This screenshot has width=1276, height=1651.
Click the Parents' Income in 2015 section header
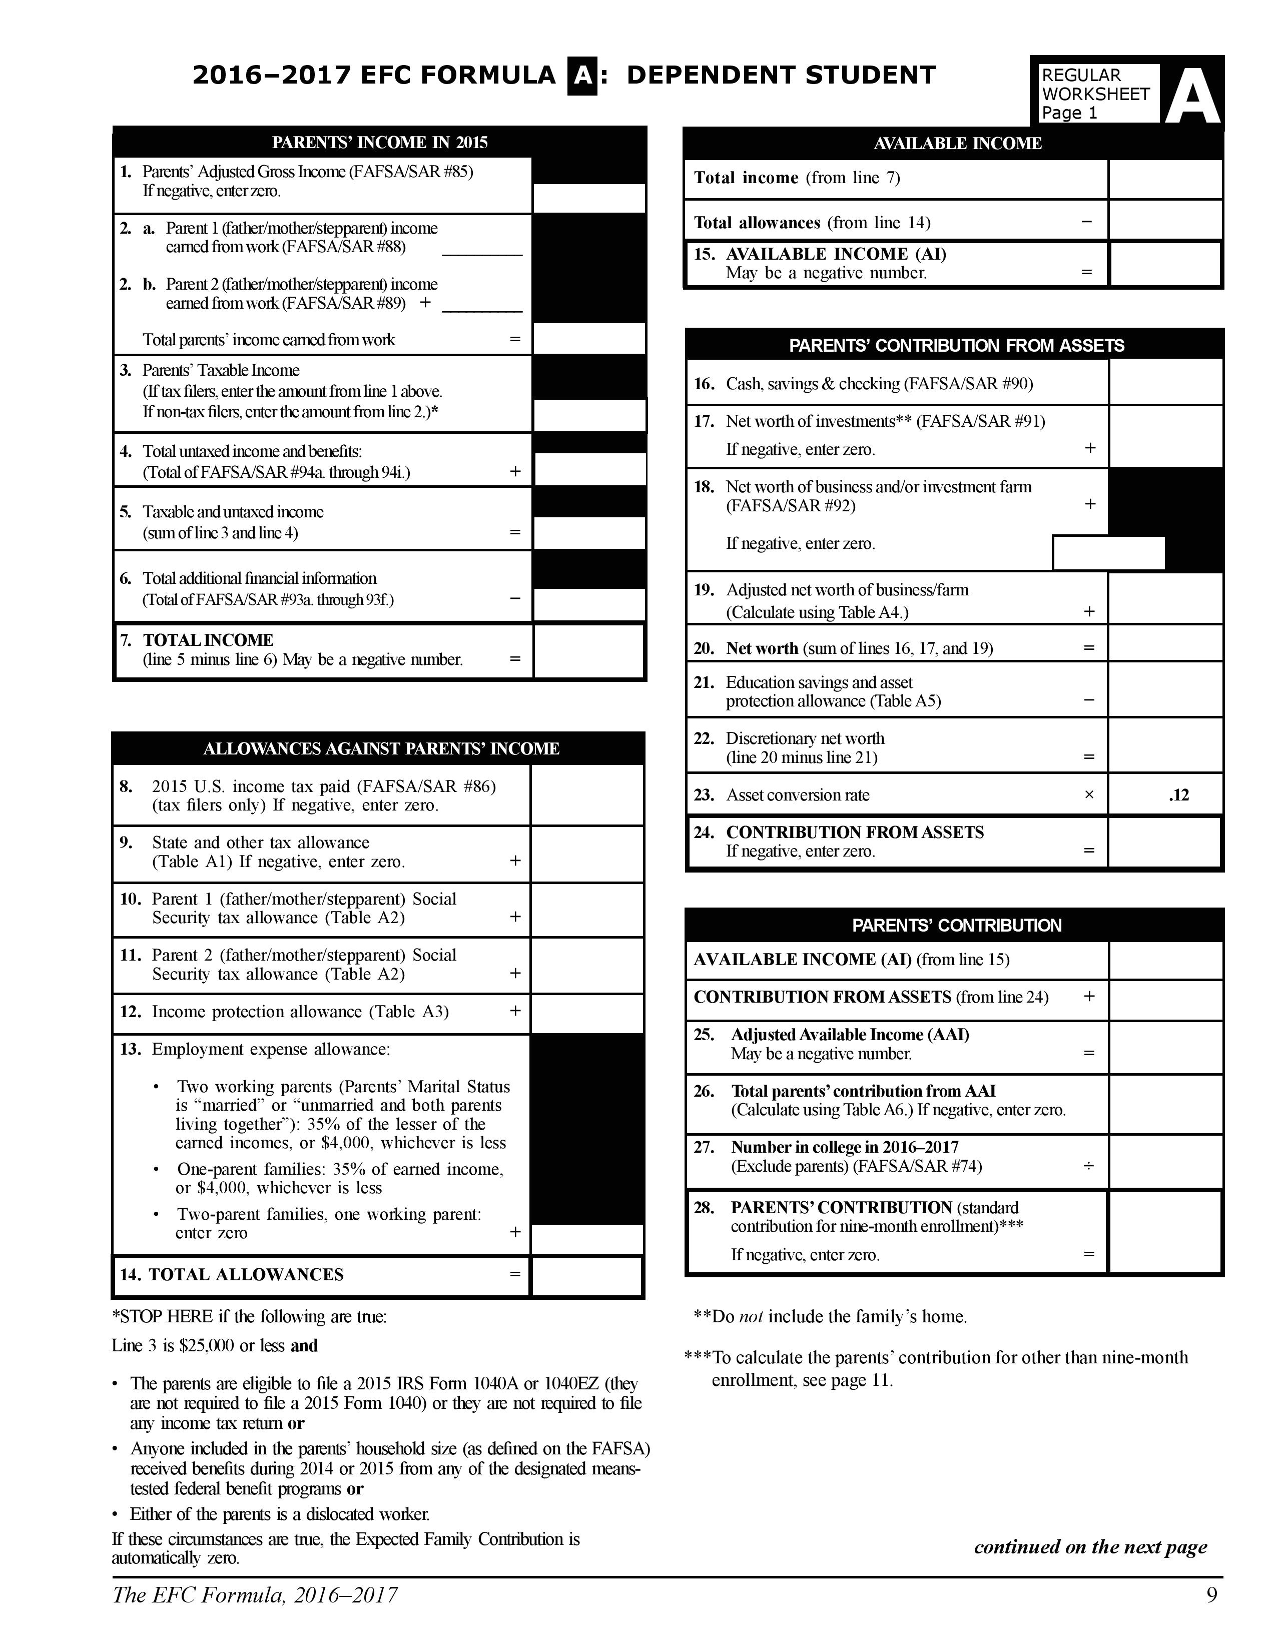click(x=379, y=142)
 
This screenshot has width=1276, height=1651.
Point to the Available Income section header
click(x=957, y=144)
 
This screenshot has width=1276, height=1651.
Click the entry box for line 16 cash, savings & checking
click(x=1165, y=383)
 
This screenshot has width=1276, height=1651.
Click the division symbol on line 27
click(x=1088, y=1166)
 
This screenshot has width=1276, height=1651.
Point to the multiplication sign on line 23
click(x=1088, y=794)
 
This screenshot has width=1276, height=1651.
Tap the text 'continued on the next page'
click(x=1090, y=1546)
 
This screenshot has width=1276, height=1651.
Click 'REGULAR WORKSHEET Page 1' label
click(x=1094, y=94)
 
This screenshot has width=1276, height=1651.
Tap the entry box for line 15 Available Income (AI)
click(x=1165, y=264)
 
